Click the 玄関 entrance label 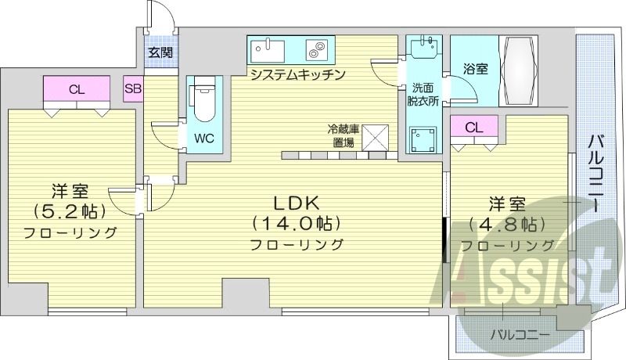160,53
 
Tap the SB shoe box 132,88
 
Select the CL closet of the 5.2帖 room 76,89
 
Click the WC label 205,139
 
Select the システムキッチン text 297,74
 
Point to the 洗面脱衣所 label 423,94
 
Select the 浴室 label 475,69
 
